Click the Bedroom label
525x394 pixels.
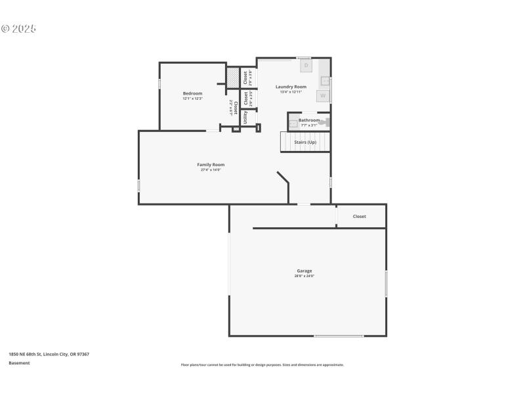(x=192, y=93)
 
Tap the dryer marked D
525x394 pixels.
(x=306, y=66)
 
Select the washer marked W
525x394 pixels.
(x=322, y=96)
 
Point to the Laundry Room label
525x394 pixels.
(x=291, y=87)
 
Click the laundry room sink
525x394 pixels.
(x=325, y=81)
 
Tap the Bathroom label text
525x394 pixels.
(x=309, y=120)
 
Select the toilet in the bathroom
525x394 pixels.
(x=324, y=122)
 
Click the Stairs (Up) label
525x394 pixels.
(x=305, y=142)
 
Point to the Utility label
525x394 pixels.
(x=245, y=118)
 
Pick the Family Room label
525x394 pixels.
(x=211, y=164)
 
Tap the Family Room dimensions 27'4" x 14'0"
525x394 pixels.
(x=211, y=170)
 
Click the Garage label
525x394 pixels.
(x=304, y=271)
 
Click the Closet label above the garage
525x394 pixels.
(x=360, y=216)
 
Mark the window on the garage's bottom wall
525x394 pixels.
(x=338, y=336)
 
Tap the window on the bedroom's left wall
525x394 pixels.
(x=159, y=84)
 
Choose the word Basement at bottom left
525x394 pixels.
(x=19, y=363)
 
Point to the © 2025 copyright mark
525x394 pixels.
(x=18, y=28)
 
